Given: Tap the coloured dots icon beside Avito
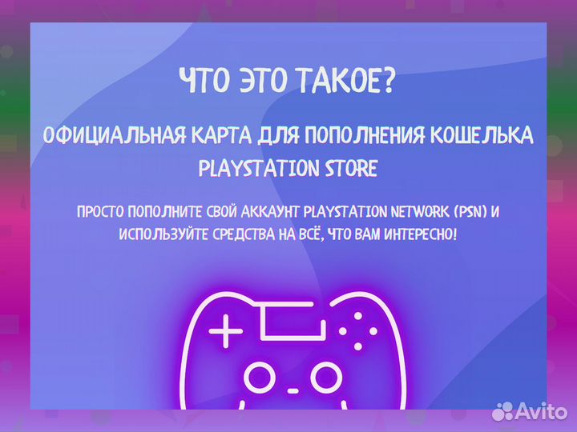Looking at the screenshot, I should [503, 411].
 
